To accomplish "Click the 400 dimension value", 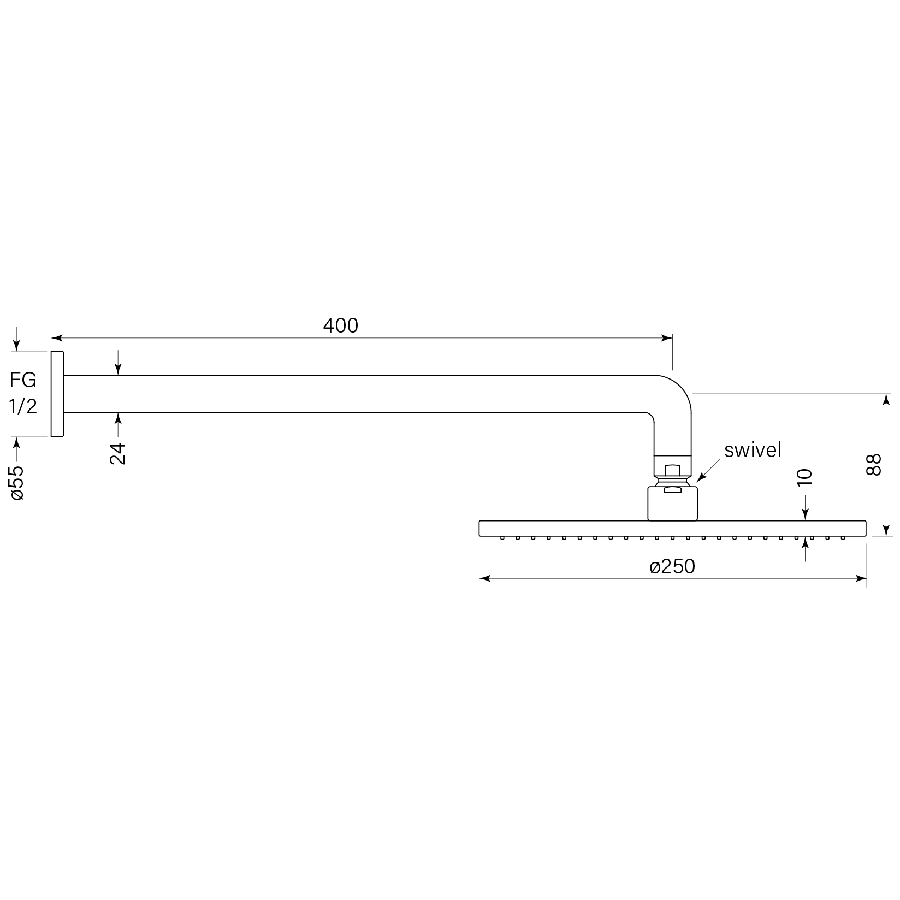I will point(340,325).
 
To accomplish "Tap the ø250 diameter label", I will point(672,567).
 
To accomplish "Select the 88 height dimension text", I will point(874,465).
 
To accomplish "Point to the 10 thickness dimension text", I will point(805,477).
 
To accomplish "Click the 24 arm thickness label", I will point(117,453).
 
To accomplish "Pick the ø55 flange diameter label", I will point(17,483).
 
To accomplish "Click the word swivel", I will point(753,450).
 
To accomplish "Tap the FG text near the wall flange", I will point(23,379).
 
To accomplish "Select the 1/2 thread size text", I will point(23,406).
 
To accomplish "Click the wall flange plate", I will point(57,394).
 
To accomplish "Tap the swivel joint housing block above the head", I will point(672,504).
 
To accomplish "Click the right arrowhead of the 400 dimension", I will point(667,338).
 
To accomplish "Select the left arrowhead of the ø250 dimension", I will point(484,578).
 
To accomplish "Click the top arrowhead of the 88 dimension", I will point(886,398).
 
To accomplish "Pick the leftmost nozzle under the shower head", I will point(501,538).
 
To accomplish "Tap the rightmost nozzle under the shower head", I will point(843,538).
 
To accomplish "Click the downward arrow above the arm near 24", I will point(117,370).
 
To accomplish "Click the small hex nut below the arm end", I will point(672,469).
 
